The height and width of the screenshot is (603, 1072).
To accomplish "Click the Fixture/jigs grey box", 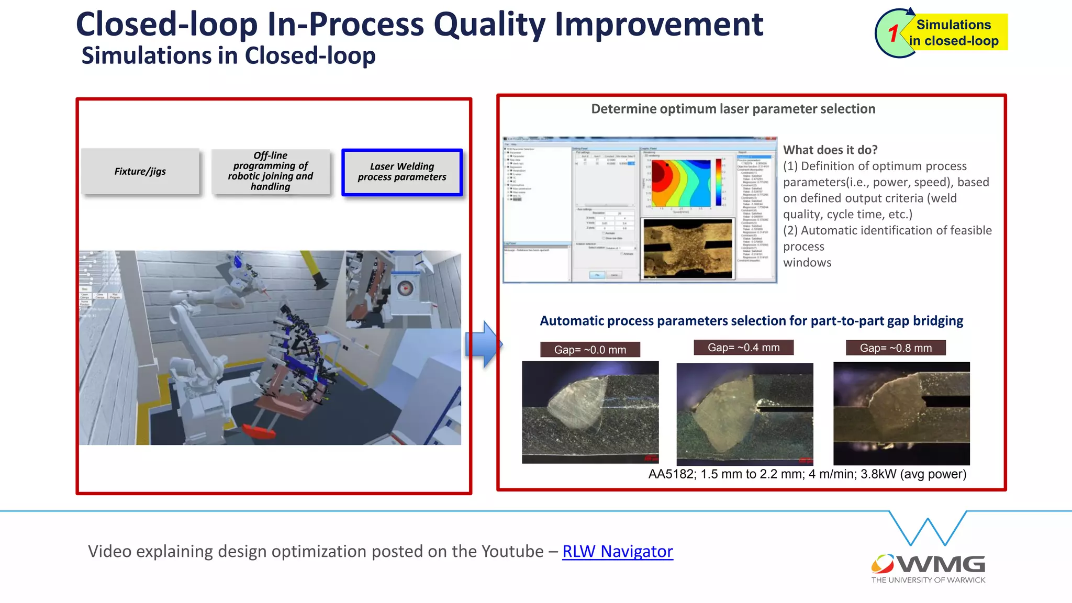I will pyautogui.click(x=140, y=172).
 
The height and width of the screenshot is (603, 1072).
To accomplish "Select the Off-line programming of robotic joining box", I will pyautogui.click(x=271, y=172).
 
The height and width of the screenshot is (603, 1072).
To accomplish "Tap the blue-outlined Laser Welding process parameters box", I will pyautogui.click(x=402, y=172).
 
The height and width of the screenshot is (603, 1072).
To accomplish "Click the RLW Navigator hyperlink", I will pyautogui.click(x=617, y=551).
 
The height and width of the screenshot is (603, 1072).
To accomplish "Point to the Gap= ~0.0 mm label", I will pyautogui.click(x=590, y=350).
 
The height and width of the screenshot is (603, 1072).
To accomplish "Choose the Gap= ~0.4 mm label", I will pyautogui.click(x=743, y=348).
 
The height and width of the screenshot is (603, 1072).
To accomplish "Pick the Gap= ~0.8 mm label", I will pyautogui.click(x=896, y=348).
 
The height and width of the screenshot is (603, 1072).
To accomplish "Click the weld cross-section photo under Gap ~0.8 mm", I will pyautogui.click(x=901, y=414).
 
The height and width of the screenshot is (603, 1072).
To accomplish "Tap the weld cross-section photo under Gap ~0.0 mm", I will pyautogui.click(x=590, y=412).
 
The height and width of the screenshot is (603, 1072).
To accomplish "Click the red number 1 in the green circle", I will pyautogui.click(x=893, y=33).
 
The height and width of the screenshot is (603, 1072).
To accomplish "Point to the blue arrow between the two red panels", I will pyautogui.click(x=483, y=344).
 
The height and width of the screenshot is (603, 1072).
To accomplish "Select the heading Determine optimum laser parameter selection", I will pyautogui.click(x=733, y=109).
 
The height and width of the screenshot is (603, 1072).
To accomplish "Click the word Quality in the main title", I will pyautogui.click(x=489, y=25).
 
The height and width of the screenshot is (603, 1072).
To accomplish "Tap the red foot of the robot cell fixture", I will pyautogui.click(x=259, y=431).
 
